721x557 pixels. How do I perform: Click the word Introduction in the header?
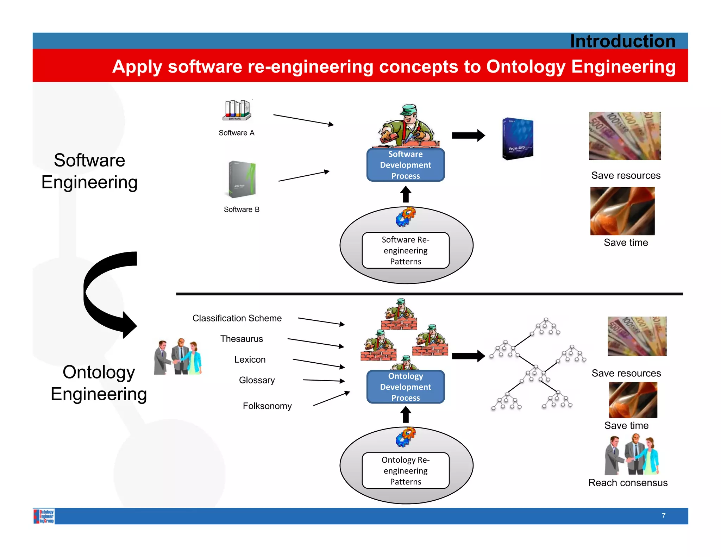(x=622, y=41)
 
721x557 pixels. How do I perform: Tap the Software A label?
(x=236, y=133)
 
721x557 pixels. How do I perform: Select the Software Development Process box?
(x=406, y=165)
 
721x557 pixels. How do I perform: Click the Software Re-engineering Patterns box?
(x=406, y=250)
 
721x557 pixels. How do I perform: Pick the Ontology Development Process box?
(x=406, y=387)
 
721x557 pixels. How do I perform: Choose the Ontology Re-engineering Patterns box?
(x=406, y=470)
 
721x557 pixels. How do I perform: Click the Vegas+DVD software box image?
(x=518, y=139)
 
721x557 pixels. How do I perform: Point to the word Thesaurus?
(x=242, y=339)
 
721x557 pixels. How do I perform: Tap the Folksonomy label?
(x=267, y=406)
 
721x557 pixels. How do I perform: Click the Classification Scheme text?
(x=237, y=318)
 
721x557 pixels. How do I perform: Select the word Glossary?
(x=257, y=380)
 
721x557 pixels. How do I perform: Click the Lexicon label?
(x=250, y=359)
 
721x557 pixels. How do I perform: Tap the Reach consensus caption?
(x=628, y=483)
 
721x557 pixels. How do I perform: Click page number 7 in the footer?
(x=663, y=516)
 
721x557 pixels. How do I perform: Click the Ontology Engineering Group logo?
(x=44, y=516)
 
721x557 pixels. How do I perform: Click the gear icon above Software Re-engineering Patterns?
(x=405, y=217)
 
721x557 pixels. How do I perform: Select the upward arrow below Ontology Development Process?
(x=406, y=414)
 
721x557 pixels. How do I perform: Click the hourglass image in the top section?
(x=622, y=211)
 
